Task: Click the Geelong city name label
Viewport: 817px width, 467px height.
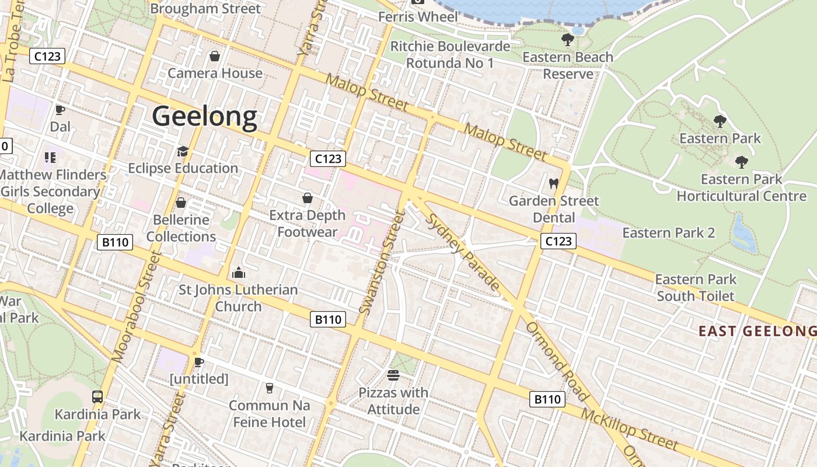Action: [204, 116]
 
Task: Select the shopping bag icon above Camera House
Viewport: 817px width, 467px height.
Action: [214, 56]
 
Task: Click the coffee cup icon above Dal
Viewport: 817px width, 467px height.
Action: [60, 110]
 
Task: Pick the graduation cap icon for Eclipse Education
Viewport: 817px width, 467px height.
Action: [183, 152]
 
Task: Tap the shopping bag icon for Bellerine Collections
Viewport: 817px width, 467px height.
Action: [181, 203]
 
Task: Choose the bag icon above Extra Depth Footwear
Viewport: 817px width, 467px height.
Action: [308, 198]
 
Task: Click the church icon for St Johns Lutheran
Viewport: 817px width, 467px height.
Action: [238, 273]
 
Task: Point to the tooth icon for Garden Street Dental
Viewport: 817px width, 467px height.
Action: [554, 183]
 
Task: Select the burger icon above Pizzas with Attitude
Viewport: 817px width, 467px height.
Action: [393, 375]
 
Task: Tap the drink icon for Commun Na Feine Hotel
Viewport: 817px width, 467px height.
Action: [269, 388]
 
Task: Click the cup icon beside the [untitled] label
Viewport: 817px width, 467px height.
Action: [199, 362]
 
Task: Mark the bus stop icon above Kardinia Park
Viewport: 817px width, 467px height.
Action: [97, 397]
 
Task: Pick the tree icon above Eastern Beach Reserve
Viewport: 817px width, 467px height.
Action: [567, 40]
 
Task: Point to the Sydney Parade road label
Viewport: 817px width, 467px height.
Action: [463, 252]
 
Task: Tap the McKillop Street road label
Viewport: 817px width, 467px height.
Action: [630, 430]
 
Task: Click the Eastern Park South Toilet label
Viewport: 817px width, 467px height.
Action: [696, 288]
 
